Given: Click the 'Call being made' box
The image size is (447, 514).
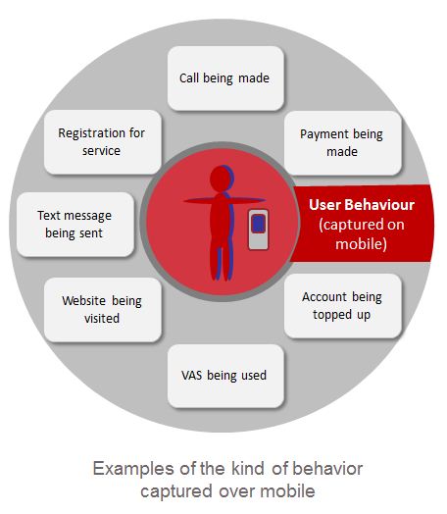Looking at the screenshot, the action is pos(225,78).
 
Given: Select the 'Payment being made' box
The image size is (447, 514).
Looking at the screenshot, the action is pos(342,143).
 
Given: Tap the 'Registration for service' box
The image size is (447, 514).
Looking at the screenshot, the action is pos(103,142).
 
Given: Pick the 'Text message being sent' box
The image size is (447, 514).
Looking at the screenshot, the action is pos(75,225).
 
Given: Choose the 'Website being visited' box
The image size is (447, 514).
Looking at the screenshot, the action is pos(103,310).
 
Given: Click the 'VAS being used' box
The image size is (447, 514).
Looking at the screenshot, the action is pos(225,376).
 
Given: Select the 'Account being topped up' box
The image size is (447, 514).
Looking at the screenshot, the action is pos(342,306).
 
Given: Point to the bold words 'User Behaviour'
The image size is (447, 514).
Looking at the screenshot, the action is pos(362,205).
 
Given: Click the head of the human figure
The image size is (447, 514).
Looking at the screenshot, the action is pos(222,179).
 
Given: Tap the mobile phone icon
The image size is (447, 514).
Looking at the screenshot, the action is pos(259,230).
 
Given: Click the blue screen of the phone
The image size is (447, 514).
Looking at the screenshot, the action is pos(259,224).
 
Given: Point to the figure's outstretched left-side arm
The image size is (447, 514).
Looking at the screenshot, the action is pos(199,200).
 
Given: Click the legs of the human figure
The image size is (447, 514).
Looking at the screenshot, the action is pos(222,262).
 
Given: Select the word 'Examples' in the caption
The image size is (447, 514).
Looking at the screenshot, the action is pos(133,470).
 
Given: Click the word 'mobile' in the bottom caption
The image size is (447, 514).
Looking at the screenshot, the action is pos(287,491).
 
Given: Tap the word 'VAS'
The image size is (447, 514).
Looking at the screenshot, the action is pos(191,376).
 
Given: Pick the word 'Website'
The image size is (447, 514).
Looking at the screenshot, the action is pos(84,300).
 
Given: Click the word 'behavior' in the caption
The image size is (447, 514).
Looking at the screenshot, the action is pos(327,469).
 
